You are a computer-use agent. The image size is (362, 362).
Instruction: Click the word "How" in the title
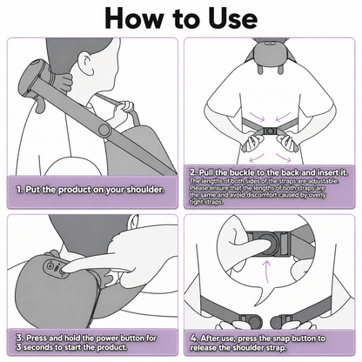[x=134, y=18]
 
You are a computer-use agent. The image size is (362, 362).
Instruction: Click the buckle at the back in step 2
[x=270, y=131]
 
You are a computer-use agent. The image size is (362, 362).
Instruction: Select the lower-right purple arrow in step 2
[x=283, y=158]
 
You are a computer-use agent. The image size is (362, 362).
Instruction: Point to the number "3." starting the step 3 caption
[x=20, y=338]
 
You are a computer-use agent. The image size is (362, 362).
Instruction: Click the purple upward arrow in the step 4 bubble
[x=267, y=271]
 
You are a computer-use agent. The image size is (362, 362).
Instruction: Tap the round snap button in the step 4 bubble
[x=268, y=243]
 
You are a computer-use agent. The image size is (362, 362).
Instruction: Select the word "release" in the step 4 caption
[x=203, y=348]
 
